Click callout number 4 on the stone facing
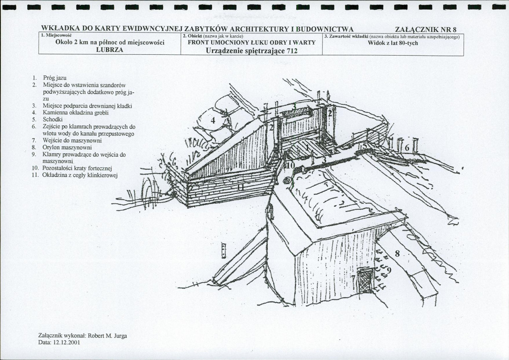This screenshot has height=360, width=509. click(213, 121)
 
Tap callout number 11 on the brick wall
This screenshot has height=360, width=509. click(240, 187)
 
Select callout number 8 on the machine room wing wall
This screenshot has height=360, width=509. click(397, 253)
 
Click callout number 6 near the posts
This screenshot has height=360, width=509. click(407, 148)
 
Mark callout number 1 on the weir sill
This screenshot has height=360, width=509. click(308, 147)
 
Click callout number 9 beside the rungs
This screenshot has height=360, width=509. click(389, 270)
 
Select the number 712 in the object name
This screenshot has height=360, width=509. click(292, 51)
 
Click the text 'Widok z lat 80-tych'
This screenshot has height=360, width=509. click(393, 43)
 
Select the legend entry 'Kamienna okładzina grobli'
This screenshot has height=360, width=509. click(70, 112)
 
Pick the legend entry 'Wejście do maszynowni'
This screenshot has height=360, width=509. click(67, 141)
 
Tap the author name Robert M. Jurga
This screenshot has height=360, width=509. click(107, 336)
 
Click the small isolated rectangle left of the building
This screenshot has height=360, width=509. click(223, 250)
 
